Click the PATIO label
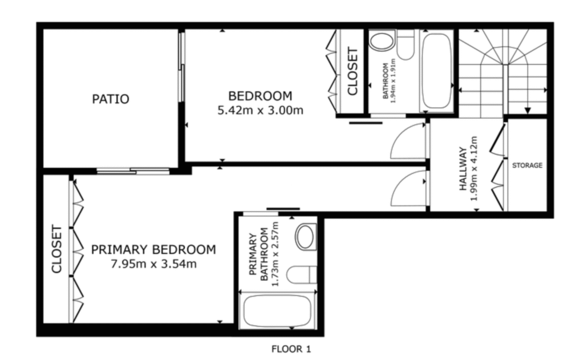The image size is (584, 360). tap(111, 99)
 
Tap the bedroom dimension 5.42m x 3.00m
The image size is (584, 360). tap(260, 111)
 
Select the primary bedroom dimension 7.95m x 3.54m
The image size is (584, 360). tap(153, 264)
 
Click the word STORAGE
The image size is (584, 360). tap(526, 166)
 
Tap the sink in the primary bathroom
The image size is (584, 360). tap(306, 236)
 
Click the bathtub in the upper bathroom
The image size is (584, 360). tap(436, 71)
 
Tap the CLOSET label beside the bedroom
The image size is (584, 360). tap(352, 71)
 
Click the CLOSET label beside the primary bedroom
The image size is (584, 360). tap(56, 249)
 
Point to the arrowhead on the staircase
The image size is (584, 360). tap(528, 110)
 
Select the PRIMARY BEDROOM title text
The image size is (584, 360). tap(153, 250)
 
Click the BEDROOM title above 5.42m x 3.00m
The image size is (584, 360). tap(260, 96)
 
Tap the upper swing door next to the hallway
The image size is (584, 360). tap(409, 143)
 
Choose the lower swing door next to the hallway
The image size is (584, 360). tap(409, 188)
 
